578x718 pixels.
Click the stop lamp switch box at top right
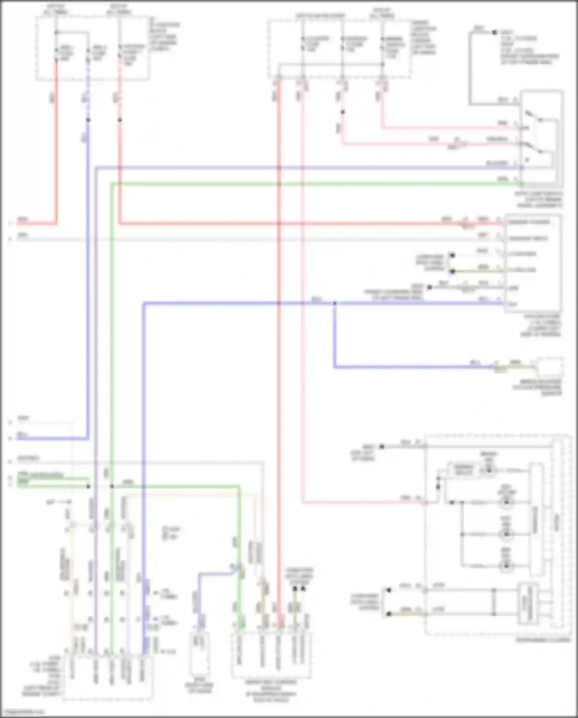pyautogui.click(x=541, y=139)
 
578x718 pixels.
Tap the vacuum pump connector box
pyautogui.click(x=533, y=263)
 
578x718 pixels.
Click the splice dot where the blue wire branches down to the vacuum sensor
pyautogui.click(x=334, y=304)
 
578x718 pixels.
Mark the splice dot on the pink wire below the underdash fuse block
pyautogui.click(x=342, y=112)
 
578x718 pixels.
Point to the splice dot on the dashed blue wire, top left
pyautogui.click(x=88, y=120)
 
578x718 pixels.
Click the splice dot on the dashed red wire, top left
pyautogui.click(x=120, y=120)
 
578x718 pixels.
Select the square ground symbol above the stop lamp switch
pyautogui.click(x=494, y=32)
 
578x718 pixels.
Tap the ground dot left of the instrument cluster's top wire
pyautogui.click(x=382, y=447)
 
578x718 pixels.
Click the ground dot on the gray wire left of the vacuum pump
pyautogui.click(x=429, y=287)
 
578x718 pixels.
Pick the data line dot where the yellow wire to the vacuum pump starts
pyautogui.click(x=452, y=272)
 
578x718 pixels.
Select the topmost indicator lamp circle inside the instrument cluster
pyautogui.click(x=489, y=470)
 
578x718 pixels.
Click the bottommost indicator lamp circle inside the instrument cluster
pyautogui.click(x=506, y=566)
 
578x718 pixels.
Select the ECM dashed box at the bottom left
pyautogui.click(x=108, y=677)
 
